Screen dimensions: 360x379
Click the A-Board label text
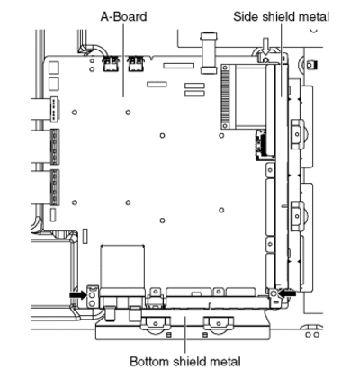123,16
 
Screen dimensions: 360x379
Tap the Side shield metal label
281,16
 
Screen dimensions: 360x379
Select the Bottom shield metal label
185,361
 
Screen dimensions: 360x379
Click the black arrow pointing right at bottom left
77,295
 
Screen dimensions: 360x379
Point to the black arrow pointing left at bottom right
287,293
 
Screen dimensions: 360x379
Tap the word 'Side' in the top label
246,16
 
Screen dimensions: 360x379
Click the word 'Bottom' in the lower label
149,361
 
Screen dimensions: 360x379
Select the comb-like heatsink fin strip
224,97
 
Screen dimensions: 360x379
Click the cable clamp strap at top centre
209,53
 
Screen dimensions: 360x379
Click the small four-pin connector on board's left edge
55,109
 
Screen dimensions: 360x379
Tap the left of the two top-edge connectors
110,64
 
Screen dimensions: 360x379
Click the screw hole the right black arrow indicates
274,293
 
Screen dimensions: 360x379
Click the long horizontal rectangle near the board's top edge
178,66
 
